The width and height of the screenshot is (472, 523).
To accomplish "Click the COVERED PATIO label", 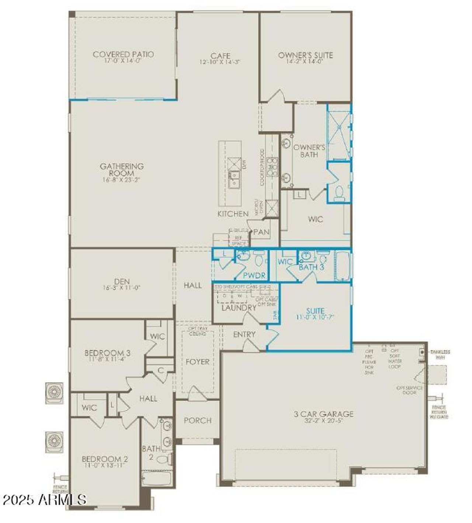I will tap(123, 55).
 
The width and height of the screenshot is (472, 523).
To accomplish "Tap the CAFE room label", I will tap(220, 56).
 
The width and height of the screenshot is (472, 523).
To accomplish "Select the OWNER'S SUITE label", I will tap(305, 55).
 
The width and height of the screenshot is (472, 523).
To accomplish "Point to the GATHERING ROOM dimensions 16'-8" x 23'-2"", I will tap(122, 180).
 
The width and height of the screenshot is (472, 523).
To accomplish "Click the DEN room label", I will tap(122, 281).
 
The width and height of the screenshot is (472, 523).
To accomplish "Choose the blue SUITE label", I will tap(315, 311).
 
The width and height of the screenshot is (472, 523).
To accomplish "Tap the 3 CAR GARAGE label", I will tap(323, 414).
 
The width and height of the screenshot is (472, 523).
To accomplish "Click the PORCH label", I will tap(198, 420).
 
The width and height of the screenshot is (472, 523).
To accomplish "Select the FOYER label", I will tap(198, 362).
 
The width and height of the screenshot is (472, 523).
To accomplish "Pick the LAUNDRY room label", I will tap(239, 307).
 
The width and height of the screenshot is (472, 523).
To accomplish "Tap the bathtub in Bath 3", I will tap(343, 264).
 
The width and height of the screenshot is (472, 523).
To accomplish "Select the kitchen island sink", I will tap(233, 180).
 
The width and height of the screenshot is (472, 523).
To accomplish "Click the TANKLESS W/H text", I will tap(440, 355).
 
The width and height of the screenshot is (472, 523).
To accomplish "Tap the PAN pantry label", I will tap(261, 232).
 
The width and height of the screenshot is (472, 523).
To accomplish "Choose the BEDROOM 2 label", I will tap(105, 459).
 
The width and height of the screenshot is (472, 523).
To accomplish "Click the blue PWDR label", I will tap(254, 275).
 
